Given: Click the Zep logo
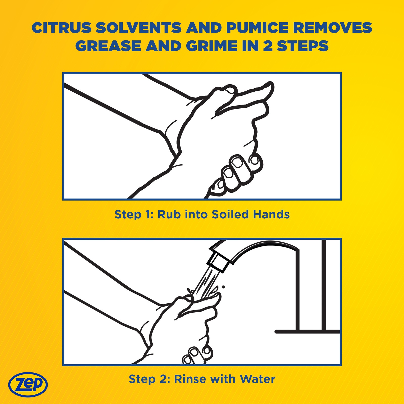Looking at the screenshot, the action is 28,385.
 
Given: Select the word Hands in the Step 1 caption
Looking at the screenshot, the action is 271,215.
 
